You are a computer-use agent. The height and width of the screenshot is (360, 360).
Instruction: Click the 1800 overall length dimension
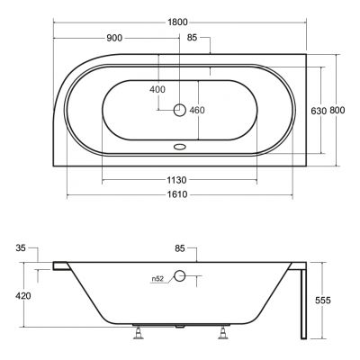(x=177, y=22)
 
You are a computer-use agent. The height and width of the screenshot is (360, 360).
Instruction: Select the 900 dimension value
(x=114, y=38)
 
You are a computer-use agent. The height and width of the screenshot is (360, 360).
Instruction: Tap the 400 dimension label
(x=157, y=89)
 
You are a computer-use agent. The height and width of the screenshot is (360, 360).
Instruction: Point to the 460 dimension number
(x=197, y=110)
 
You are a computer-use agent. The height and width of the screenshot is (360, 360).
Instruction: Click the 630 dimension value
(x=319, y=111)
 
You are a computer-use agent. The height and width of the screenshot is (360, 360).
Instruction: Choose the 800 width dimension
(x=337, y=111)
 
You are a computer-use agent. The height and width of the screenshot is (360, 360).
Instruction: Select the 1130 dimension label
(x=176, y=180)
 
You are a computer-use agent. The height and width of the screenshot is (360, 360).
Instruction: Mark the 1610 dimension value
(x=177, y=194)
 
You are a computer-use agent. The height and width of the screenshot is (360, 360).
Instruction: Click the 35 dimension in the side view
(x=21, y=248)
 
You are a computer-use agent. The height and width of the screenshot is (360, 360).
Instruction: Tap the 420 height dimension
(x=23, y=296)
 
